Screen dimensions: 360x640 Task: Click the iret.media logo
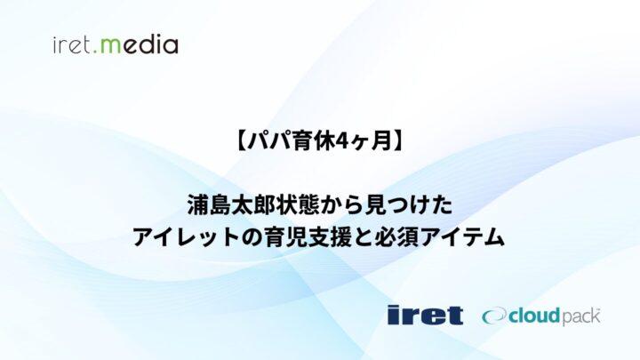115,44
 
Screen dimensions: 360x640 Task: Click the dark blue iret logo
425,314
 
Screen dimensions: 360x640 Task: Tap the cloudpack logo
541,315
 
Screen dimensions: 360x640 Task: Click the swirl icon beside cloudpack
493,315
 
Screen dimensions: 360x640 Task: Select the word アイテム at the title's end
470,237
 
